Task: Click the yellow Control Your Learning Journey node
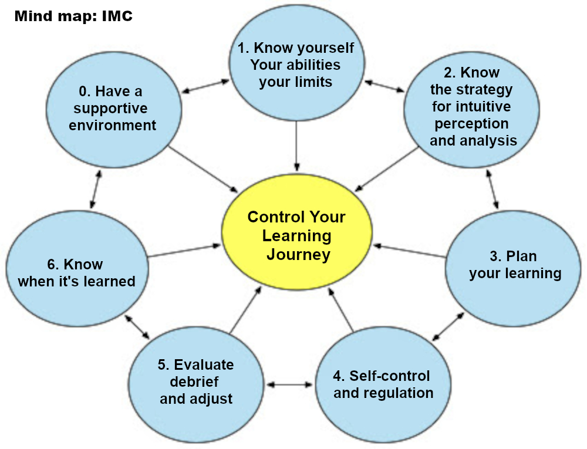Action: point(296,235)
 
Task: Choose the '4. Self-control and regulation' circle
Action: point(382,384)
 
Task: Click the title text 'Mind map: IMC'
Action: point(73,16)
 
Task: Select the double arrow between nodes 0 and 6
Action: point(96,190)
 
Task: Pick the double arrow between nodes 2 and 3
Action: point(491,189)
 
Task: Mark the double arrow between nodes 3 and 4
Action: point(448,326)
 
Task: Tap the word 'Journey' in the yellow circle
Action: point(298,255)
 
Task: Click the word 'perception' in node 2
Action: point(472,124)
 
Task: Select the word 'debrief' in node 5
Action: point(194,382)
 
